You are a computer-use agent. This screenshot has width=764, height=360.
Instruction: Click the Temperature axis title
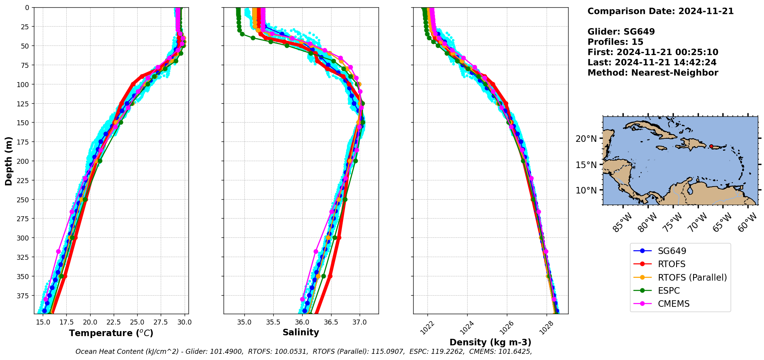(x=111, y=333)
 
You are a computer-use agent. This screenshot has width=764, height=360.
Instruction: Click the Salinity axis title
(x=301, y=332)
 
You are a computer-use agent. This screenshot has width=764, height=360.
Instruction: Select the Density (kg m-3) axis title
(x=490, y=342)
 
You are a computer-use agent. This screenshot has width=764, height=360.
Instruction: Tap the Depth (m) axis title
(x=8, y=161)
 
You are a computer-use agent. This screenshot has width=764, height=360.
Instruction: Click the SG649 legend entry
(x=672, y=251)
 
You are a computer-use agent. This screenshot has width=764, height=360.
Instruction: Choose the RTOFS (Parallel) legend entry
(x=692, y=278)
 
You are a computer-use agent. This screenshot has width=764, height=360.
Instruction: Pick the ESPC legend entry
(x=668, y=291)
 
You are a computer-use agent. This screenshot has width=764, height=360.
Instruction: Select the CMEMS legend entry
(x=673, y=304)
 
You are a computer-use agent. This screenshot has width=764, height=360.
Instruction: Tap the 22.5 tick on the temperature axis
(x=114, y=322)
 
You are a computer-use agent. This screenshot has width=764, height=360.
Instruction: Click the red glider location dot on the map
(x=711, y=146)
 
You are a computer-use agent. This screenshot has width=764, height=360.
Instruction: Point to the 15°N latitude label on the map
(x=586, y=165)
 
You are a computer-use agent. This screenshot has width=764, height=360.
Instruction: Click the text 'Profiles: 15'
(x=615, y=42)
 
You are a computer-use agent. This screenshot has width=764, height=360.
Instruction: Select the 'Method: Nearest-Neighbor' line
(x=653, y=73)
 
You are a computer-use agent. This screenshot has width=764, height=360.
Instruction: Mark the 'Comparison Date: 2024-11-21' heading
(x=660, y=11)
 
